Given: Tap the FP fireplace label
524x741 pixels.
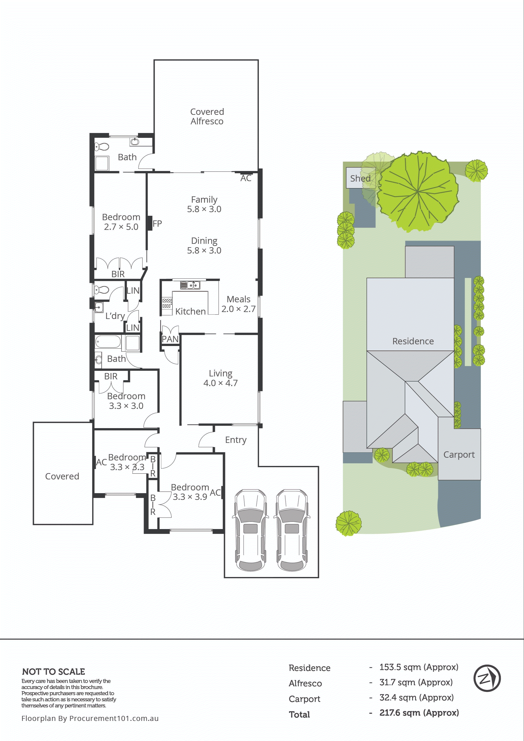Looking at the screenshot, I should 157,224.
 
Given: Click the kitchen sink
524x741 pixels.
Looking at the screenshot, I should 190,285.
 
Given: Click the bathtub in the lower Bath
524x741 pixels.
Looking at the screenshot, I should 108,341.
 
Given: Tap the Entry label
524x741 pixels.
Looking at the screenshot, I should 236,440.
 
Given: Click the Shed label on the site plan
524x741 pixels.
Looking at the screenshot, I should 360,178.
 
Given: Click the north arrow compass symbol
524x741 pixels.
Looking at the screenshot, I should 487,678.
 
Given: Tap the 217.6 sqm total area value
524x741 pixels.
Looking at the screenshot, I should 419,712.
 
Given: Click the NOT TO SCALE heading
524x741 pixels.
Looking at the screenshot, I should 54,672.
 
